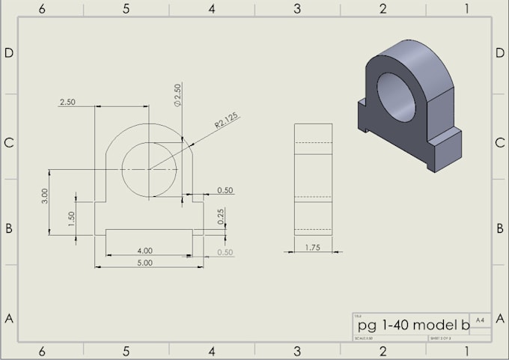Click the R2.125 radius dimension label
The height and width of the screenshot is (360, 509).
(227, 122)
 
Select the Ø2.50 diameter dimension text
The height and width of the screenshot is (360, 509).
(177, 95)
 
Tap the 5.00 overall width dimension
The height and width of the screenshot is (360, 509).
(144, 263)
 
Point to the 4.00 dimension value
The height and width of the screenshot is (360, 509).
(144, 250)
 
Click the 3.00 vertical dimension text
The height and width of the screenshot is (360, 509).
(45, 195)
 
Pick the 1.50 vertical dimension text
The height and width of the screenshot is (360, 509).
(72, 218)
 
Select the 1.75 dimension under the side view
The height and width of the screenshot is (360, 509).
(313, 247)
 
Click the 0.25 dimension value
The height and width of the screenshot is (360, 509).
(222, 216)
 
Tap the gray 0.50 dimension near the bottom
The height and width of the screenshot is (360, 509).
(225, 252)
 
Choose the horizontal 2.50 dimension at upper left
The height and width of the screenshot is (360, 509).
(67, 103)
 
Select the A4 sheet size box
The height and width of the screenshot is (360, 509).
(480, 320)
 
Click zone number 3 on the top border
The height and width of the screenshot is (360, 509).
(297, 8)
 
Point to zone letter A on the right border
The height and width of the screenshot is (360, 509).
(499, 318)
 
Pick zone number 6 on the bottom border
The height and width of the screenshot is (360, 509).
(42, 351)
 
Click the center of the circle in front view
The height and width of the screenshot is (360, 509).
(149, 170)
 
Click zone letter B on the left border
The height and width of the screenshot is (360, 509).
(9, 229)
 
